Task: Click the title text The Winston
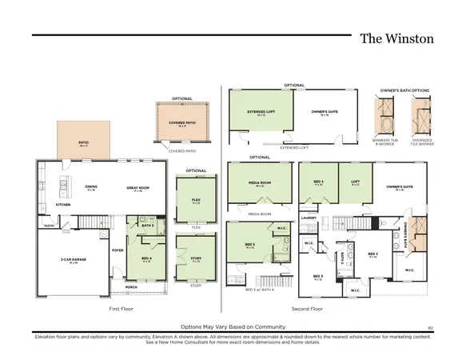[x=396, y=38]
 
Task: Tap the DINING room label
[x=90, y=187]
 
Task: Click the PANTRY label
[x=48, y=226]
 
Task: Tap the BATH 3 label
[x=147, y=226]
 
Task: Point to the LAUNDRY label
[x=309, y=217]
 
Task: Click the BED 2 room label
[x=372, y=256]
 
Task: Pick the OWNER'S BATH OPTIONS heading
[x=403, y=90]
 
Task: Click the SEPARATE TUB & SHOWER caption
[x=384, y=143]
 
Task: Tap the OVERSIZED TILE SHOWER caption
[x=420, y=143]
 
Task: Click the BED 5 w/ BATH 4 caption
[x=259, y=289]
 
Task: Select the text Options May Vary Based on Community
[x=232, y=327]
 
